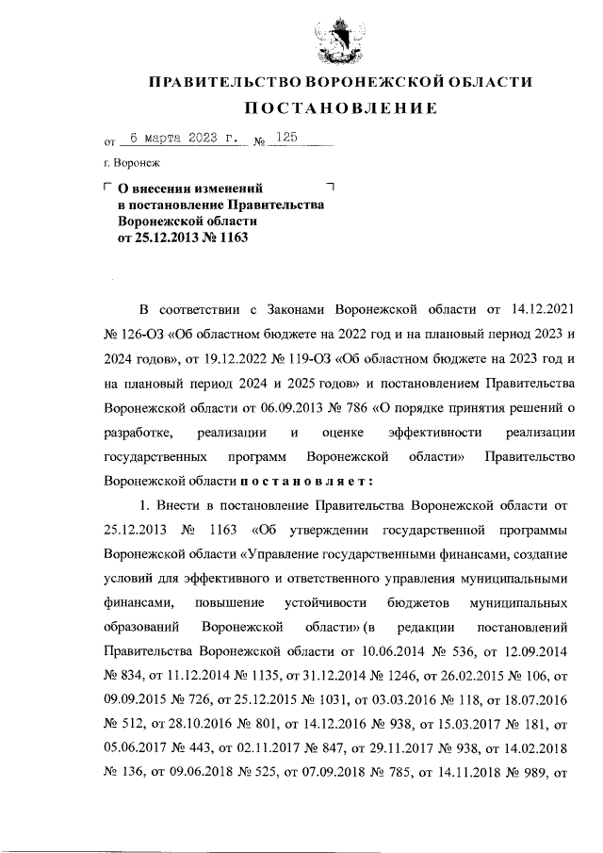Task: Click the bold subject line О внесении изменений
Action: [189, 189]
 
